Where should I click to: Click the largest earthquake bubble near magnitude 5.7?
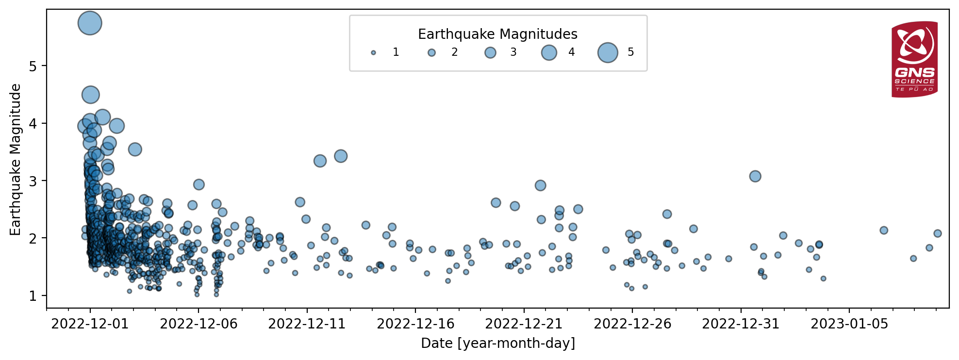point(90,23)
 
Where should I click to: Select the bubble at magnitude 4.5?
point(91,95)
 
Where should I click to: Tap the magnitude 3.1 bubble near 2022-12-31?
point(755,176)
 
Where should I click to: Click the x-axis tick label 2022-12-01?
point(90,324)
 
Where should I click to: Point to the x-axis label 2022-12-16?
point(415,324)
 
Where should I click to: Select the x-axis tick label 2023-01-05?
point(849,324)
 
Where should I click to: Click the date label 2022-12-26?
point(632,324)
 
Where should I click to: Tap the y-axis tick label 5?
point(33,66)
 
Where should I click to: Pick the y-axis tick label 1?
point(33,296)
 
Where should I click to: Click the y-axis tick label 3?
point(33,181)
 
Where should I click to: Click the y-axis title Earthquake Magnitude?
point(15,160)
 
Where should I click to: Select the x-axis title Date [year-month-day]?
point(498,344)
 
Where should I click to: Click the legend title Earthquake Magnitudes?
point(498,34)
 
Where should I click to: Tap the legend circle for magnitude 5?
point(608,52)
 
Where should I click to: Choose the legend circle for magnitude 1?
point(373,52)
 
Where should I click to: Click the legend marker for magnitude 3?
point(491,52)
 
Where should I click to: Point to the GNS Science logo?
point(914,59)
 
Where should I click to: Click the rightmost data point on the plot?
point(938,233)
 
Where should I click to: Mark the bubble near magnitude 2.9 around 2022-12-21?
point(541,185)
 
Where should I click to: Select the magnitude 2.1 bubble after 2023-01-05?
point(884,230)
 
